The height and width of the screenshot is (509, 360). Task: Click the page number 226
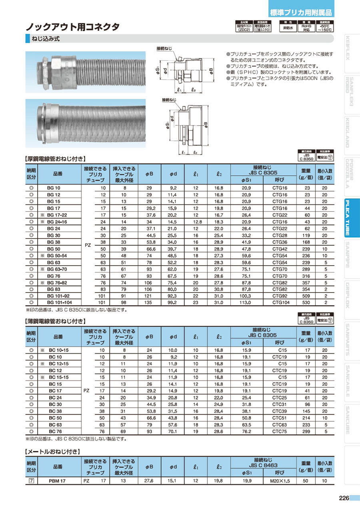[x=344, y=498]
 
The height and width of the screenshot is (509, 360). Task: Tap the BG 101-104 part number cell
[x=56, y=303]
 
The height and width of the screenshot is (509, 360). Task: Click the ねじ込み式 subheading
[x=50, y=39]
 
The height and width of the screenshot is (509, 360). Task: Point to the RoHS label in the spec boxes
[x=307, y=27]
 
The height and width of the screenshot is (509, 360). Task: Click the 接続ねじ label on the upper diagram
[x=165, y=48]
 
